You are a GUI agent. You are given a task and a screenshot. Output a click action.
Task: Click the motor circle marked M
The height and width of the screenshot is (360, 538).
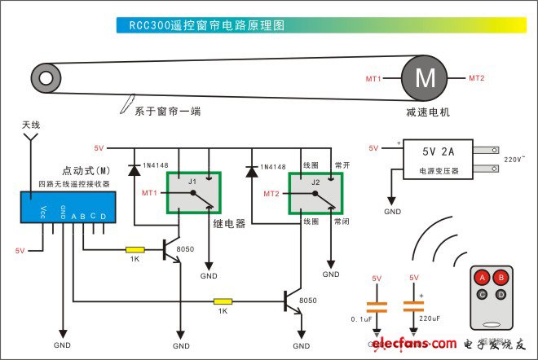426,78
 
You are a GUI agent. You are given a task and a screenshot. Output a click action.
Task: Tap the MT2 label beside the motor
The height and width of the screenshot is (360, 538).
477,78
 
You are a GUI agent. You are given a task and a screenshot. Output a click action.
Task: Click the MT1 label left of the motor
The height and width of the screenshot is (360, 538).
374,79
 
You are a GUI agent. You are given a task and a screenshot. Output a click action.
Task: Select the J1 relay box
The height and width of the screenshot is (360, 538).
193,193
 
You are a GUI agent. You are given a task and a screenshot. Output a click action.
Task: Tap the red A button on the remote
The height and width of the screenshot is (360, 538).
482,279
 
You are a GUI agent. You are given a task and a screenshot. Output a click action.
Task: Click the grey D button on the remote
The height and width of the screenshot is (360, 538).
501,293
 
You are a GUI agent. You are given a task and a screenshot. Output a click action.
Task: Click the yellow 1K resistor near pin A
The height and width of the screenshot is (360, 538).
134,249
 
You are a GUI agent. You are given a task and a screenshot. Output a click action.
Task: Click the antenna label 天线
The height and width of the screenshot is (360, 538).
31,125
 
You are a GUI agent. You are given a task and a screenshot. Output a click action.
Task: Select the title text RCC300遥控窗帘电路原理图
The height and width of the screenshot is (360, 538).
206,25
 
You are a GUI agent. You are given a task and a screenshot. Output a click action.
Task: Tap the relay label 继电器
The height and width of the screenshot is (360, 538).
229,222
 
